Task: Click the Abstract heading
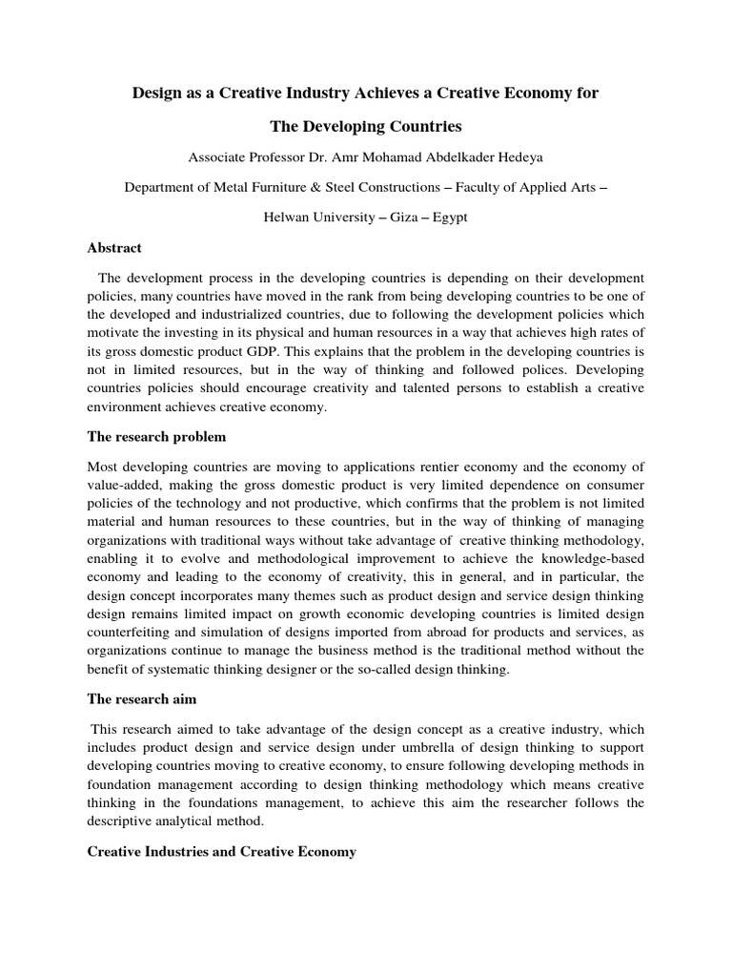tap(114, 248)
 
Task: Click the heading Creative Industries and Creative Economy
tap(221, 851)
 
